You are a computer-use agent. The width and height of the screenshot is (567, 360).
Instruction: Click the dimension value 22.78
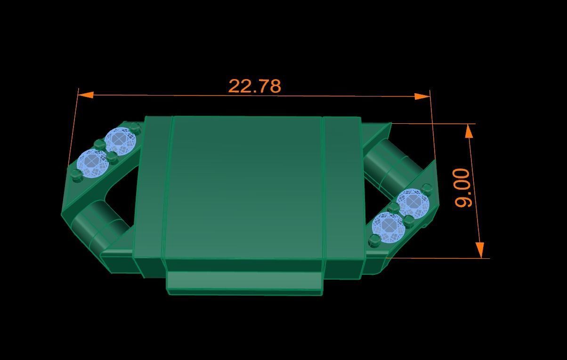pyautogui.click(x=254, y=86)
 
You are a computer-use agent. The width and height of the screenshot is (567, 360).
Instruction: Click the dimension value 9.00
pyautogui.click(x=463, y=188)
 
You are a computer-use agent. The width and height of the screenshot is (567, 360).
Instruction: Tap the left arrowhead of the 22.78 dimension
pyautogui.click(x=85, y=95)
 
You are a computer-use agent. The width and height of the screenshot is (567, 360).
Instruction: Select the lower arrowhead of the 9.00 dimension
pyautogui.click(x=480, y=249)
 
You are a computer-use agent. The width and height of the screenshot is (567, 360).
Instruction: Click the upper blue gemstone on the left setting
pyautogui.click(x=120, y=140)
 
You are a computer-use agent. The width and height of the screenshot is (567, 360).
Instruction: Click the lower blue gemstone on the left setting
pyautogui.click(x=92, y=162)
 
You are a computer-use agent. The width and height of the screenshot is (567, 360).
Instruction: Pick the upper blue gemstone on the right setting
pyautogui.click(x=413, y=203)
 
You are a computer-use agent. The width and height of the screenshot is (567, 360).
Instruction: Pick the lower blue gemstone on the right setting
pyautogui.click(x=388, y=226)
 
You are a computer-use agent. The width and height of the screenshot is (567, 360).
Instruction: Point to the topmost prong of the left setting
pyautogui.click(x=135, y=127)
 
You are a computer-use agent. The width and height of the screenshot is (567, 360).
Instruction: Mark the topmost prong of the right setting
pyautogui.click(x=427, y=189)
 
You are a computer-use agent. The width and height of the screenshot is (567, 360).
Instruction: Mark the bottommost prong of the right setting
pyautogui.click(x=374, y=240)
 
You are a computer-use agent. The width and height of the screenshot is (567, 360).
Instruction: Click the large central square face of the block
pyautogui.click(x=245, y=186)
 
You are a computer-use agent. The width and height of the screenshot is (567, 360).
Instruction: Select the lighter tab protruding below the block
pyautogui.click(x=245, y=282)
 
